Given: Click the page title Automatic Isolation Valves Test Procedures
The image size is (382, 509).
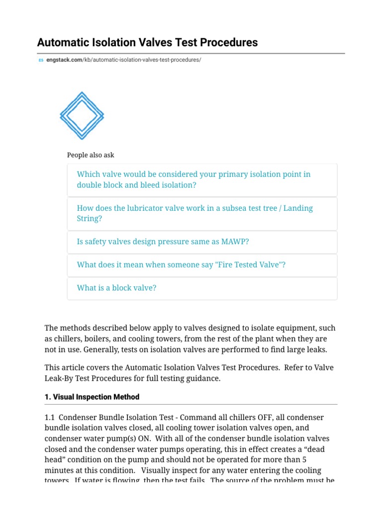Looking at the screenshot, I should (x=147, y=42).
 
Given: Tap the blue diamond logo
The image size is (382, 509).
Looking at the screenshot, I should (x=82, y=115).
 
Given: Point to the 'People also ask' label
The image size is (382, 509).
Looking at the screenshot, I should (x=91, y=155).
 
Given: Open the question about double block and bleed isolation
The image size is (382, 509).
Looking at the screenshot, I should (x=193, y=179).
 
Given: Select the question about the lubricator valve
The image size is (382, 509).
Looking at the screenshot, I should (x=194, y=213).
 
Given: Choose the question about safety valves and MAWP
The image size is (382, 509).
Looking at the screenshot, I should (x=163, y=242).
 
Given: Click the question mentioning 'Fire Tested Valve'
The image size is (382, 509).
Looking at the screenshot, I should (x=181, y=265).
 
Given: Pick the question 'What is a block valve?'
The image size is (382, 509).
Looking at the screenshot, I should (x=116, y=288).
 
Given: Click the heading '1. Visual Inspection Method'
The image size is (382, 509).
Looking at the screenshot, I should (x=92, y=397).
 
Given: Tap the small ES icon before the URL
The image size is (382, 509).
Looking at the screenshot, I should (x=41, y=60).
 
